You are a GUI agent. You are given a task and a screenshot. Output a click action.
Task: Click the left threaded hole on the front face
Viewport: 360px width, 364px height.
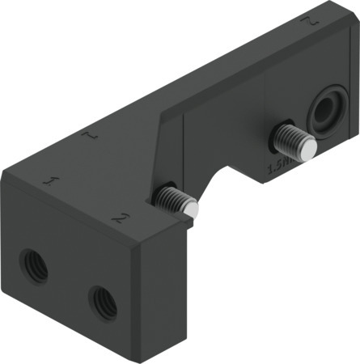point(34,266)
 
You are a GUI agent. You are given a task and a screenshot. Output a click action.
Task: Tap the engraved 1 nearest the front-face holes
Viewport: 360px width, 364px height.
point(51,180)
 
